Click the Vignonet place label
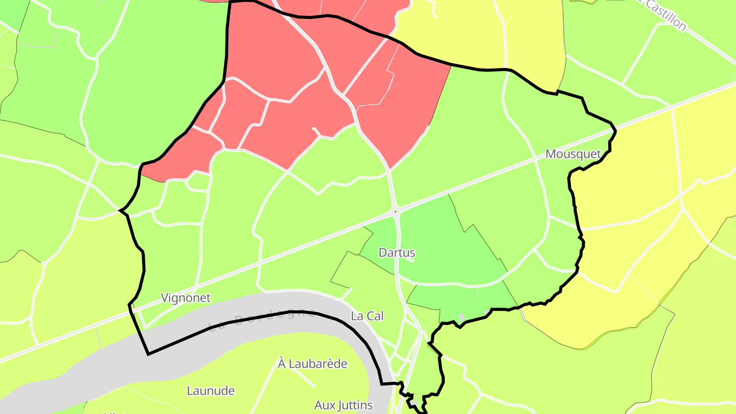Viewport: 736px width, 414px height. (x=186, y=297)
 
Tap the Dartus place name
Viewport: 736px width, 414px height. (x=397, y=252)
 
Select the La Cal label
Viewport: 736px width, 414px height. (x=367, y=316)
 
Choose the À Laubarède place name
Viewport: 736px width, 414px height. (x=312, y=364)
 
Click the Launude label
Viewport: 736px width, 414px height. (x=211, y=391)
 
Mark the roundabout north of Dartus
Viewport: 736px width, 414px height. (x=395, y=211)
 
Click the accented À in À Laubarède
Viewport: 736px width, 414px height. (x=282, y=364)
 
